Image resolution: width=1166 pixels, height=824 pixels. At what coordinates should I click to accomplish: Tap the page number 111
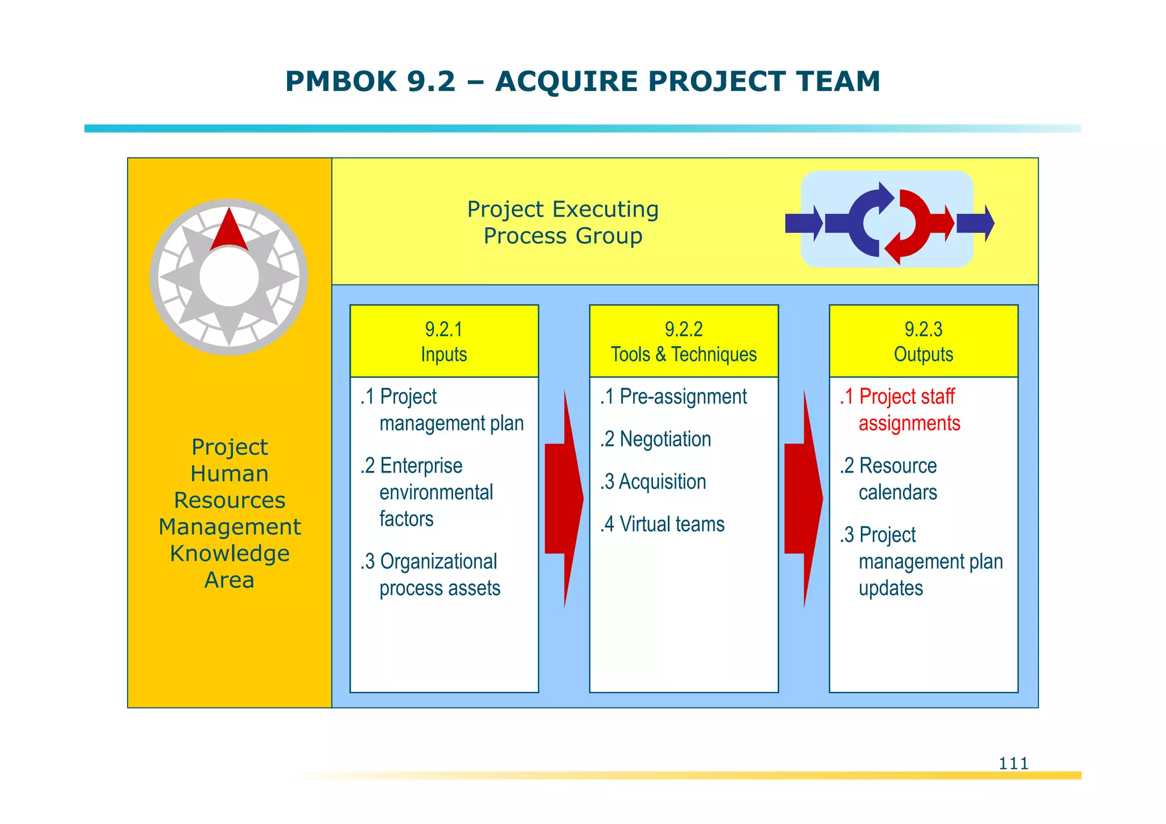click(1013, 763)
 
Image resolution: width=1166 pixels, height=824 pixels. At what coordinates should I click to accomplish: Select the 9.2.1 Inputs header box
click(444, 341)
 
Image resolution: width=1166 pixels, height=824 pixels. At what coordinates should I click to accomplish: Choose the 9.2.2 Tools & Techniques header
click(684, 341)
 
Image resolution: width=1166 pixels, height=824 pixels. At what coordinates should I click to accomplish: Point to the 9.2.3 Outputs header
click(923, 341)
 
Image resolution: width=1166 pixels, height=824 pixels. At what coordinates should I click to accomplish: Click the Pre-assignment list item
click(674, 396)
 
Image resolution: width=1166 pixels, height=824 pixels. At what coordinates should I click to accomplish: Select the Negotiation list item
click(655, 439)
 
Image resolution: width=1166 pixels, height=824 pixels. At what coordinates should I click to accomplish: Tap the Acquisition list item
click(653, 482)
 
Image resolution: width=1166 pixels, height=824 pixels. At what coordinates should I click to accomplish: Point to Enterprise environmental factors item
click(427, 492)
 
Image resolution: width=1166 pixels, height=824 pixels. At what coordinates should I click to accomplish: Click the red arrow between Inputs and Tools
click(563, 498)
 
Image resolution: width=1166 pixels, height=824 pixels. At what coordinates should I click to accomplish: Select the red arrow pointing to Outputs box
click(803, 498)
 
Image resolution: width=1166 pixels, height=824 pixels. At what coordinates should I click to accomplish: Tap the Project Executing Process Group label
click(563, 223)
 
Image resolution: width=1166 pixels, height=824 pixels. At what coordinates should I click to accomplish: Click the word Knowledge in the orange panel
click(229, 554)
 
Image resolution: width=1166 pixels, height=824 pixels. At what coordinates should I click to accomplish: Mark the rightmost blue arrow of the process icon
click(975, 223)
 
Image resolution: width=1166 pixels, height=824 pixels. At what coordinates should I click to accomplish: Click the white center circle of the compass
click(229, 277)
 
